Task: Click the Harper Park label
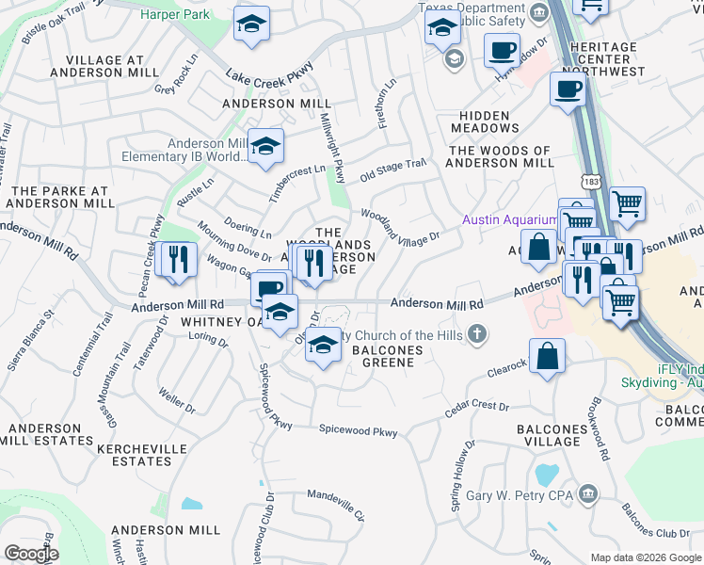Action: [x=174, y=14]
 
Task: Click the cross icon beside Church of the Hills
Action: [x=478, y=332]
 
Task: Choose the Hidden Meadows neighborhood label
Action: [x=485, y=121]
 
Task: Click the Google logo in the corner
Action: [x=31, y=554]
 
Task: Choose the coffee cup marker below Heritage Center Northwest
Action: [x=568, y=90]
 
